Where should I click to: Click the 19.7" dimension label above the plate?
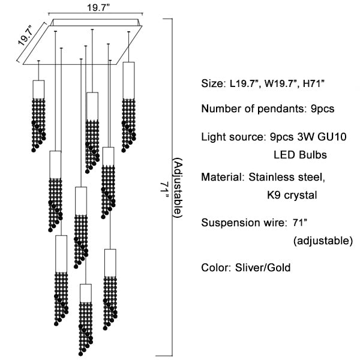coord(96,8)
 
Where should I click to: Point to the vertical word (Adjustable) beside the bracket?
coord(178,188)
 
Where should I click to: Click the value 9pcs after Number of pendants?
coord(320,109)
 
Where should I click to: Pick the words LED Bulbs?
coord(300,155)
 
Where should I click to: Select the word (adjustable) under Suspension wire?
coord(323,241)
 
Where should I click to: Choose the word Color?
coord(214,267)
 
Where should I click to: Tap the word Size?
coord(212,84)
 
